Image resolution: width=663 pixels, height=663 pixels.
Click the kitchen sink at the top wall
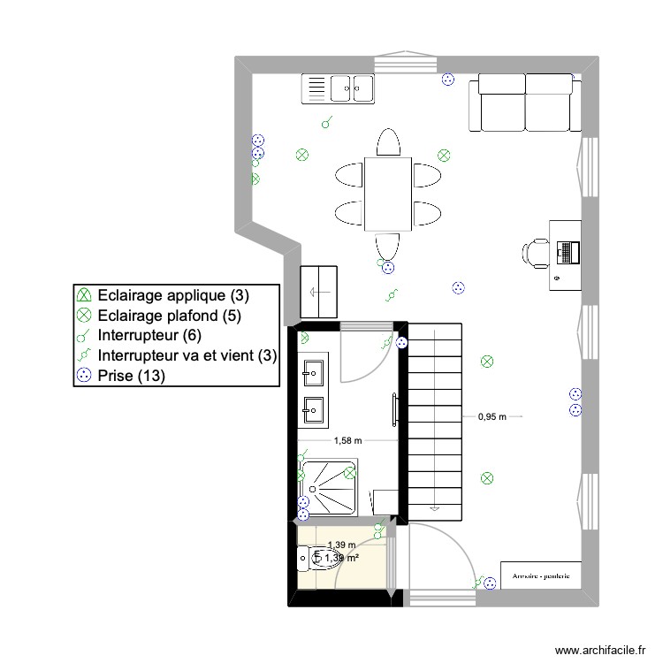[339, 87]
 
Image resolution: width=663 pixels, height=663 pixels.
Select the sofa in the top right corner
[526, 102]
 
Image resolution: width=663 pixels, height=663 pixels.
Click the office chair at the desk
[534, 252]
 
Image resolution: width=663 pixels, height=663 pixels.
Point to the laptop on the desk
[567, 252]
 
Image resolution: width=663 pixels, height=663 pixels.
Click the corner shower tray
[329, 487]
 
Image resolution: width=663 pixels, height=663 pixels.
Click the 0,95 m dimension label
[492, 415]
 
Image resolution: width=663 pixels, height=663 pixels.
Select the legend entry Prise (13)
[132, 376]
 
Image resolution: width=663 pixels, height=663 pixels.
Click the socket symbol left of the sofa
[447, 79]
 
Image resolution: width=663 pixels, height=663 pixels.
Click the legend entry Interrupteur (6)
[151, 335]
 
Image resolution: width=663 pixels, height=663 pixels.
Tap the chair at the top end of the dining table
[388, 142]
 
